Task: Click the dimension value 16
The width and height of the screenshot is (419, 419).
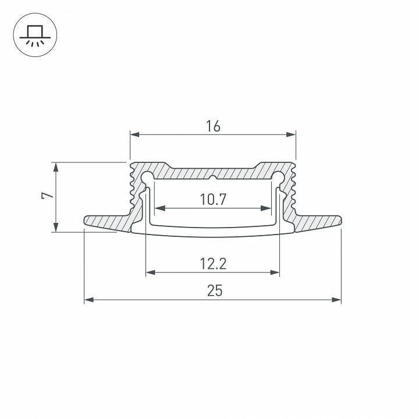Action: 213,126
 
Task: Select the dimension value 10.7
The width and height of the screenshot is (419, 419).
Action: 213,200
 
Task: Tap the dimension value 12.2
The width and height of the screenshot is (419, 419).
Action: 213,264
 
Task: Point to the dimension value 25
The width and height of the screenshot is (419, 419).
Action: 214,290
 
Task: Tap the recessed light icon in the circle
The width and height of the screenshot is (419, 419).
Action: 34,35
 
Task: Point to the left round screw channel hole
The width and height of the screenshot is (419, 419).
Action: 147,176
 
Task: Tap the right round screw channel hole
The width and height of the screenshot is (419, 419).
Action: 279,176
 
